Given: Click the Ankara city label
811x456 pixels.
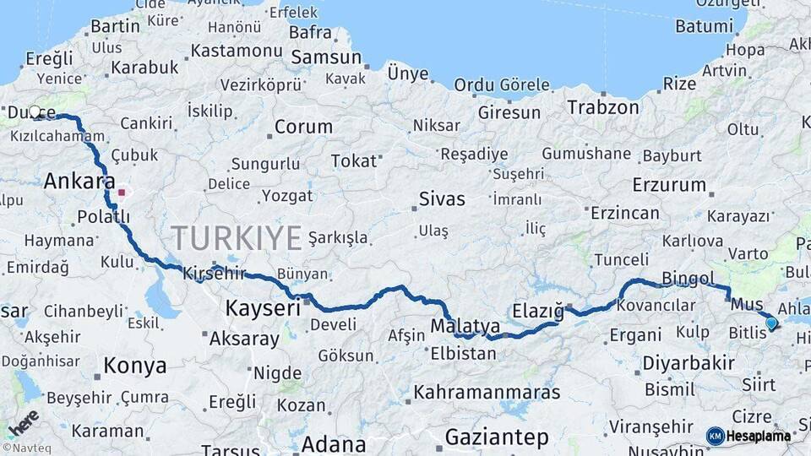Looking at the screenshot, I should [x=79, y=182].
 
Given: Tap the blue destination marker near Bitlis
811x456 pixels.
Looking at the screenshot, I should [x=770, y=323].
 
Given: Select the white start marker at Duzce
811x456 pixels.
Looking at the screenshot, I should [x=35, y=111].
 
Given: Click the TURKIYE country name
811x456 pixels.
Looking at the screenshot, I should [x=236, y=239].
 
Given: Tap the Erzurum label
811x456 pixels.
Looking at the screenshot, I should [x=668, y=185].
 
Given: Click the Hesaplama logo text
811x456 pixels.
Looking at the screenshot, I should [x=759, y=437].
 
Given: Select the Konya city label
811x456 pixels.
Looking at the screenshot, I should [x=134, y=366].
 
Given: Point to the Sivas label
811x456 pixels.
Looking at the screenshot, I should [x=442, y=200].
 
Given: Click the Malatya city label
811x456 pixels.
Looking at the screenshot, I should [x=465, y=326].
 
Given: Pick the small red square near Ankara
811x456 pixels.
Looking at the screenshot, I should [x=122, y=192].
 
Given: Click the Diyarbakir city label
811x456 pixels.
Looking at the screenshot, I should [x=688, y=363].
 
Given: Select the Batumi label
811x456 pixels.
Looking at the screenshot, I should [x=703, y=26].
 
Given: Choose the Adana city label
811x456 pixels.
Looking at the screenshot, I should [x=334, y=443].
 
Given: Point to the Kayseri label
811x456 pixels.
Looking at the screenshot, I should [x=263, y=309].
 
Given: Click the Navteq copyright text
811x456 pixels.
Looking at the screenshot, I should [x=25, y=448].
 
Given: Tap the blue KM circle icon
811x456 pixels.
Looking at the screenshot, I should [x=715, y=437].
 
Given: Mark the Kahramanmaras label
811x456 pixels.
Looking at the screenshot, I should [x=487, y=393].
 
